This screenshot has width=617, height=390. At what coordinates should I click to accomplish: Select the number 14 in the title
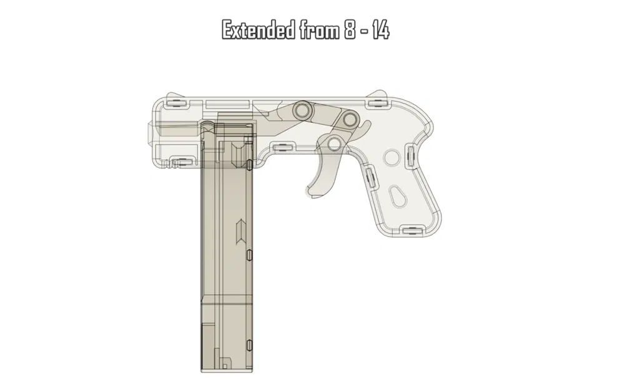point(380,30)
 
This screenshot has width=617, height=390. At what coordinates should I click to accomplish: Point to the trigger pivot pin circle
point(334,144)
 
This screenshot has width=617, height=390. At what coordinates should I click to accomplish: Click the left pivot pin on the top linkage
point(303,110)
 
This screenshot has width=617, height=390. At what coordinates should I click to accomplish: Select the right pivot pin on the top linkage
point(347,119)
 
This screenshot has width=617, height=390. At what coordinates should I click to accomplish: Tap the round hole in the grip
point(391,157)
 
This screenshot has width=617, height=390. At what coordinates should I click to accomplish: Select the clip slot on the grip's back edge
point(410,156)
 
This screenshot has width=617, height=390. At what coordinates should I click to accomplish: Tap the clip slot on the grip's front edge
point(370,178)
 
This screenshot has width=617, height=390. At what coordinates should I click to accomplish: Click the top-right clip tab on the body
point(376,95)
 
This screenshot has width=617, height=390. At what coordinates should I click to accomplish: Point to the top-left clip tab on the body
point(175,100)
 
